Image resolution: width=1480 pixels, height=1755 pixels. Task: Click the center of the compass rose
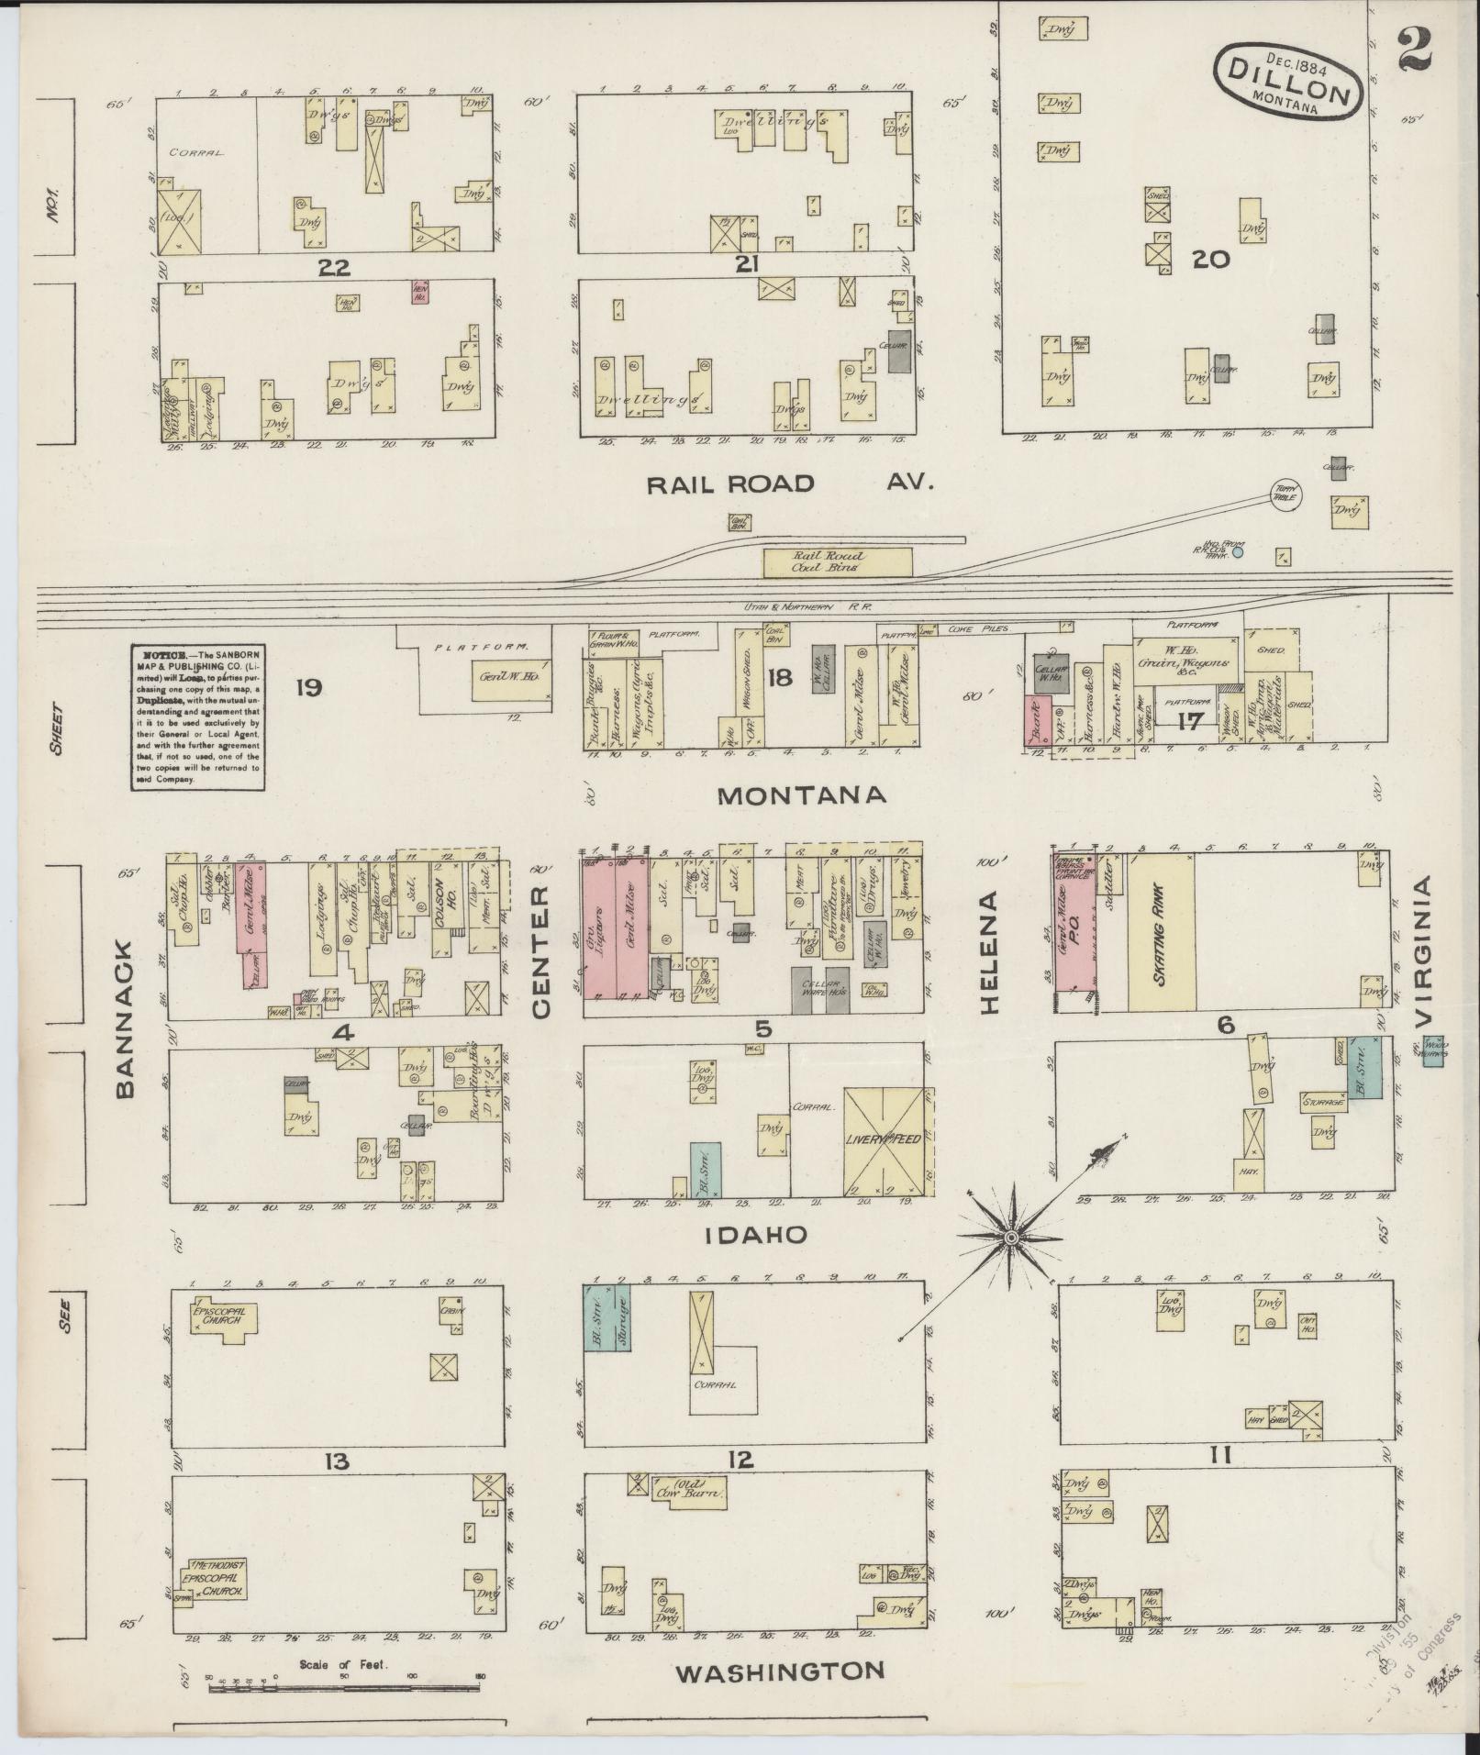(x=1009, y=1238)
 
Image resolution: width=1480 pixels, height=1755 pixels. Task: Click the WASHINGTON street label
(x=780, y=1672)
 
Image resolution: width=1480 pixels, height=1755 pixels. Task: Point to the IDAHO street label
(x=755, y=1235)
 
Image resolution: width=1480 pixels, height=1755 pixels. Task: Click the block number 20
(x=1209, y=260)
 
